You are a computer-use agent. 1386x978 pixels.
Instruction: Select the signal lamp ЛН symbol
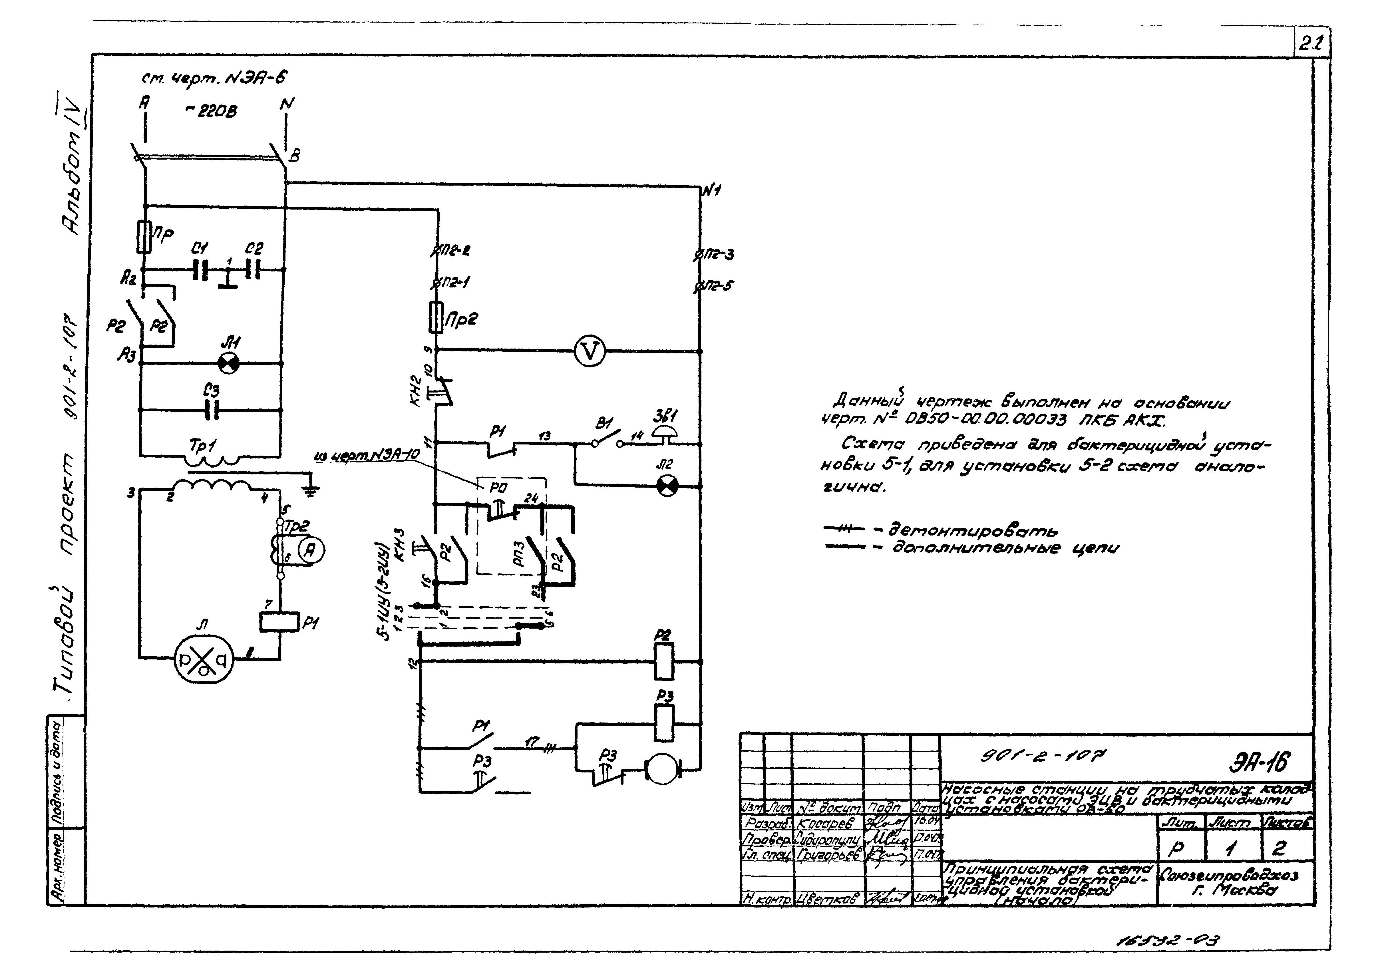[x=229, y=363]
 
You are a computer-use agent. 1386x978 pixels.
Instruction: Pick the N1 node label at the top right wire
[x=712, y=191]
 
